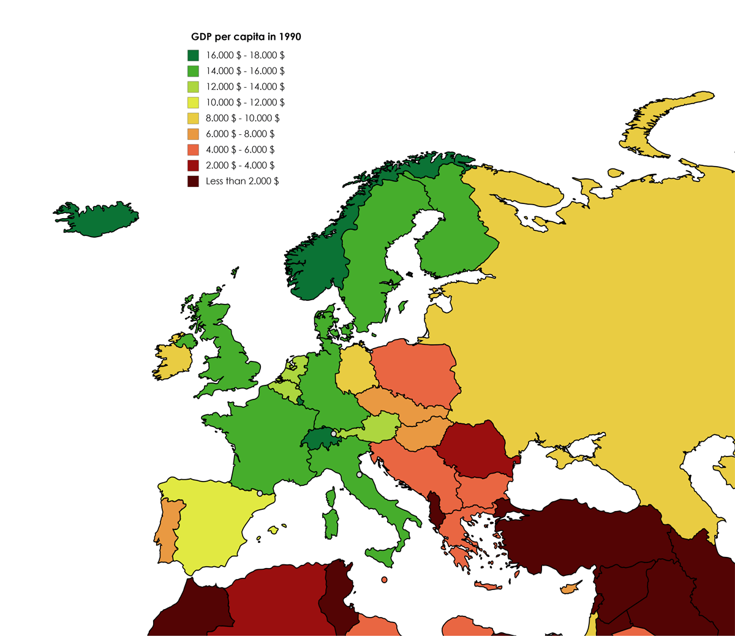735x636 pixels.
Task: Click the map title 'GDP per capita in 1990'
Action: (246, 37)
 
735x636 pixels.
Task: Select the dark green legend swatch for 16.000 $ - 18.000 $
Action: (193, 55)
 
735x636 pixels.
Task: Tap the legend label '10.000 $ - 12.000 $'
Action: (245, 102)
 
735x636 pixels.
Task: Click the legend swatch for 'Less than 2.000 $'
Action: (193, 181)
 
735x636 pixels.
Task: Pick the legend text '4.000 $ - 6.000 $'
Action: (240, 150)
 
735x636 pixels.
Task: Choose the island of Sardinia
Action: (331, 524)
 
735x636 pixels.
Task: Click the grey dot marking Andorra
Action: (260, 493)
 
